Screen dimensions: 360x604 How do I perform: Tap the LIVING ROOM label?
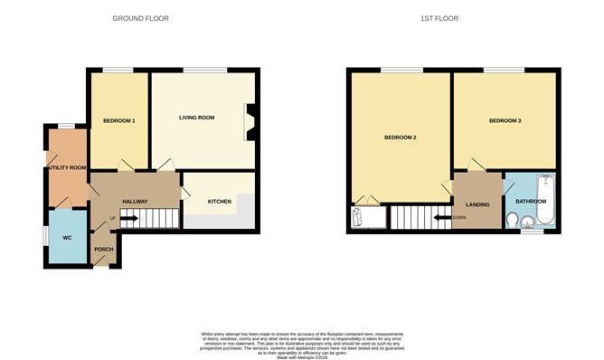click(196, 118)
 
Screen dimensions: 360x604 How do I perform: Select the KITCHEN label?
click(220, 201)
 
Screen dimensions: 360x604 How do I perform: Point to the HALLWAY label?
click(135, 201)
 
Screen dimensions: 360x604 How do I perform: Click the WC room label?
click(67, 237)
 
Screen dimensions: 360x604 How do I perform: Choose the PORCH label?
click(103, 250)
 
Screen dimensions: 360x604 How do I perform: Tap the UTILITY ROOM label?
click(67, 167)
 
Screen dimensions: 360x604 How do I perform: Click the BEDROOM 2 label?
click(400, 137)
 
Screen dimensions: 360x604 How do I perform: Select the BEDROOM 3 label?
click(505, 120)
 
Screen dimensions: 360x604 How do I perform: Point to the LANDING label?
click(477, 204)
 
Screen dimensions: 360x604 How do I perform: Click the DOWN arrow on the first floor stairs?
click(443, 217)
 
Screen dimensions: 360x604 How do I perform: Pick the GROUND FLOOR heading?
click(140, 18)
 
